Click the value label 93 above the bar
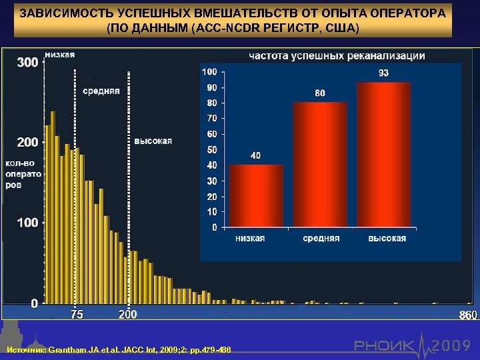pyautogui.click(x=384, y=73)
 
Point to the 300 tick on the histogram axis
pyautogui.click(x=27, y=62)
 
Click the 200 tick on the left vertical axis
pyautogui.click(x=27, y=142)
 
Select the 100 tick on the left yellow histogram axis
pyautogui.click(x=27, y=222)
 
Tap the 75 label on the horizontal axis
pyautogui.click(x=77, y=315)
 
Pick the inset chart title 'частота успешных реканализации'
pyautogui.click(x=337, y=56)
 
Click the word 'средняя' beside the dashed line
pyautogui.click(x=101, y=91)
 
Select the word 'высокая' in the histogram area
pyautogui.click(x=153, y=140)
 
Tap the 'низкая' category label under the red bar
pyautogui.click(x=255, y=239)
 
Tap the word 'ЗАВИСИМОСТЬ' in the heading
pyautogui.click(x=60, y=13)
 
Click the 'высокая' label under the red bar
pyautogui.click(x=387, y=239)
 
